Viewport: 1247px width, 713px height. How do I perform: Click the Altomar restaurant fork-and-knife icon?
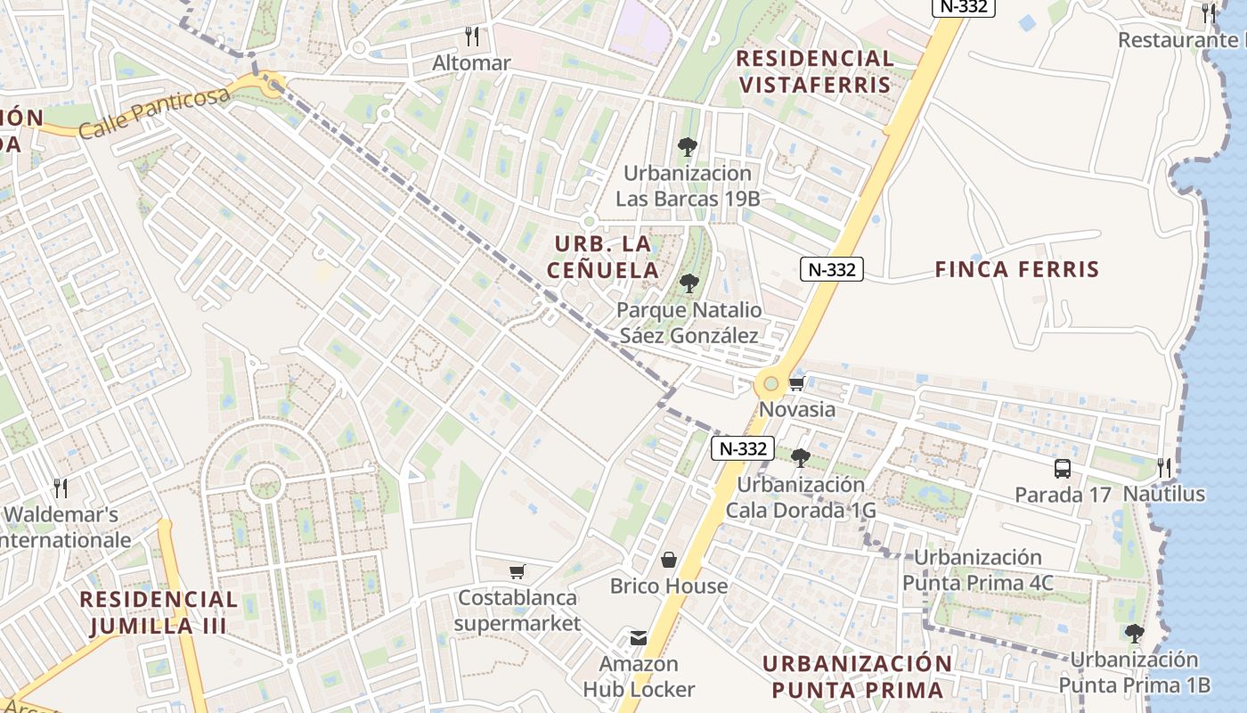(472, 37)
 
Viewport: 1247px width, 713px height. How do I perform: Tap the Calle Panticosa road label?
(154, 113)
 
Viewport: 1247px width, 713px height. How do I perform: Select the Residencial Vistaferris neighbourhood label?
(814, 71)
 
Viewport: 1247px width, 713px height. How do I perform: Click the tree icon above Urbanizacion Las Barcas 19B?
(687, 147)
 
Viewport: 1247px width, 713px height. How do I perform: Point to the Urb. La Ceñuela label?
(603, 257)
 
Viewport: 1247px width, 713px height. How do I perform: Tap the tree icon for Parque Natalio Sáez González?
(689, 284)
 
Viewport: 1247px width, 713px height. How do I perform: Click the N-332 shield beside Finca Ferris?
(832, 269)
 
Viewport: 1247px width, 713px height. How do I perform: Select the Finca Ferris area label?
(1017, 269)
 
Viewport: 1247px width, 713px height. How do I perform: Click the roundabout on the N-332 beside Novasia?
(770, 385)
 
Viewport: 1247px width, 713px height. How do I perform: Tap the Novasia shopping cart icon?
(796, 384)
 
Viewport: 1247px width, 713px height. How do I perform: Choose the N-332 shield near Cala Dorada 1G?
(743, 448)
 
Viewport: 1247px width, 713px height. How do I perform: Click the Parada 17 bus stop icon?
(1063, 469)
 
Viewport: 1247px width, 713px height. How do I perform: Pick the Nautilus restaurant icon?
(1163, 468)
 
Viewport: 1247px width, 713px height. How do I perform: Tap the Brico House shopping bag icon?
(669, 560)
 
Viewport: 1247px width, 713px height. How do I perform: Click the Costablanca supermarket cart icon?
(517, 571)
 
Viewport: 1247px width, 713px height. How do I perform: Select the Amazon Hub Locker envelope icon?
(639, 638)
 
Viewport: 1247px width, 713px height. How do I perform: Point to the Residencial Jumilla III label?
(159, 612)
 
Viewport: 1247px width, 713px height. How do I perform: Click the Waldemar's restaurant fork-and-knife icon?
(61, 488)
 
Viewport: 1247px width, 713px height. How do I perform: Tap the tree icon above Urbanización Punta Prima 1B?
(1134, 634)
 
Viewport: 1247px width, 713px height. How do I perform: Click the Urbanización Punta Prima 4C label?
(978, 570)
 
